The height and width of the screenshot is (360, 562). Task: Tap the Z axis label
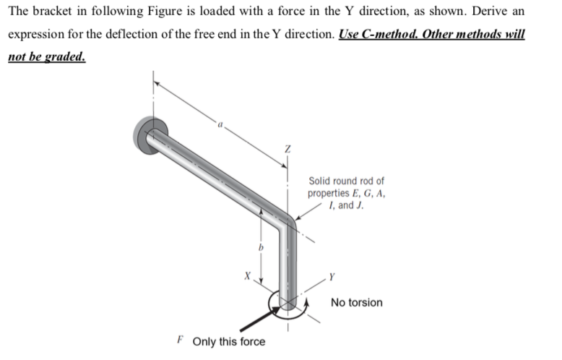pyautogui.click(x=288, y=148)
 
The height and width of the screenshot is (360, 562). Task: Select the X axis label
pyautogui.click(x=247, y=275)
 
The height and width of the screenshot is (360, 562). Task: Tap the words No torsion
pyautogui.click(x=356, y=302)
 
